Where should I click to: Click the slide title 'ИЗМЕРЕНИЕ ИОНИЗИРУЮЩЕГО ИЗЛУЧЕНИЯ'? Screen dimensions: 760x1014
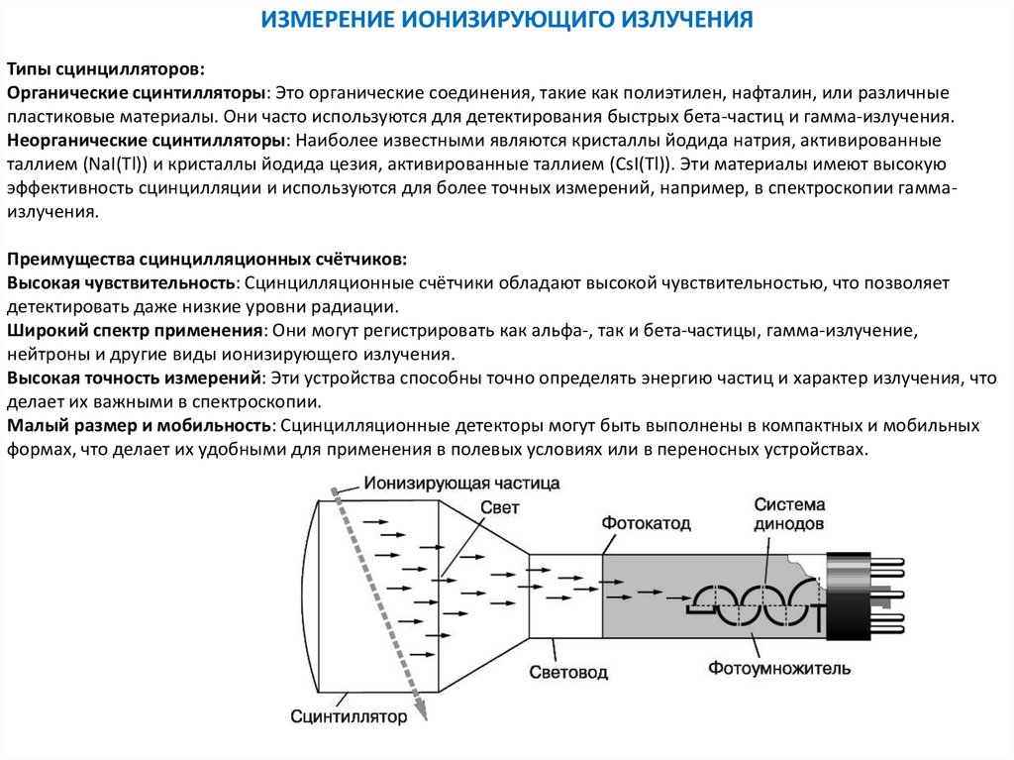507,19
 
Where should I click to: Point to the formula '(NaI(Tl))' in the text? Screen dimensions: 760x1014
118,164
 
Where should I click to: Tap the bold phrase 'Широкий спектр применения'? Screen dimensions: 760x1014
135,330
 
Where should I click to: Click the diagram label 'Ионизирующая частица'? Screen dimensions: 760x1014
460,484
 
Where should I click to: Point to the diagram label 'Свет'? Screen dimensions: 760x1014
499,507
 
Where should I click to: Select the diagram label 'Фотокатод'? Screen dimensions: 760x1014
646,522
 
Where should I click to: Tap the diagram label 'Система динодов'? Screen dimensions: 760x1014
788,513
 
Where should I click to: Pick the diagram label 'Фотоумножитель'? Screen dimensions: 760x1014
779,668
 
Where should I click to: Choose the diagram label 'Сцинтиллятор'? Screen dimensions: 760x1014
350,715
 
